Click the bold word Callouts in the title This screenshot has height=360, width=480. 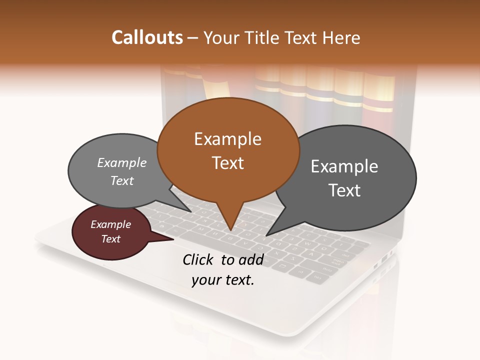147,37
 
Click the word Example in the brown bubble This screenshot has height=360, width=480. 227,139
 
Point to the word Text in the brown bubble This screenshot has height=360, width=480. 227,163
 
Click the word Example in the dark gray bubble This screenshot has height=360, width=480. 344,166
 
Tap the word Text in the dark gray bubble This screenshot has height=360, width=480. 344,190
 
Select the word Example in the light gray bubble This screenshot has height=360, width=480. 122,163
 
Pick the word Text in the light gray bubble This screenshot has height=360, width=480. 122,181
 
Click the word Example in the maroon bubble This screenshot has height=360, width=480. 110,224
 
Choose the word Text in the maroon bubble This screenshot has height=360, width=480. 110,239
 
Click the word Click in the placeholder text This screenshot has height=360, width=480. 199,259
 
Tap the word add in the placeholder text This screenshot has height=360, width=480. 250,259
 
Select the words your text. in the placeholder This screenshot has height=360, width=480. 223,280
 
